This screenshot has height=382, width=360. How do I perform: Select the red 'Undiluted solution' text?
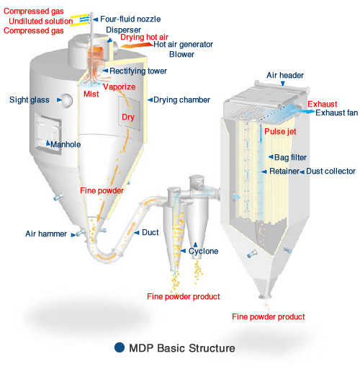[34, 22]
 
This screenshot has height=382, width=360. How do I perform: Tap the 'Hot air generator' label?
[184, 44]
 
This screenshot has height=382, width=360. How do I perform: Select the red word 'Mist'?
[93, 94]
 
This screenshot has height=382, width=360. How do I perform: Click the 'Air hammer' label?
[45, 234]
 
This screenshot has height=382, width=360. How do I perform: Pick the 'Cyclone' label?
[204, 251]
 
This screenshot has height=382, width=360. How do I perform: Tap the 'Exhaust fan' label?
[336, 114]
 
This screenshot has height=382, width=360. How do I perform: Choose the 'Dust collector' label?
[331, 172]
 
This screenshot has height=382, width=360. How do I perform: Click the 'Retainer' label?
[284, 172]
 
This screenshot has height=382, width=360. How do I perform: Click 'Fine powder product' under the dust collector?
[269, 316]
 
